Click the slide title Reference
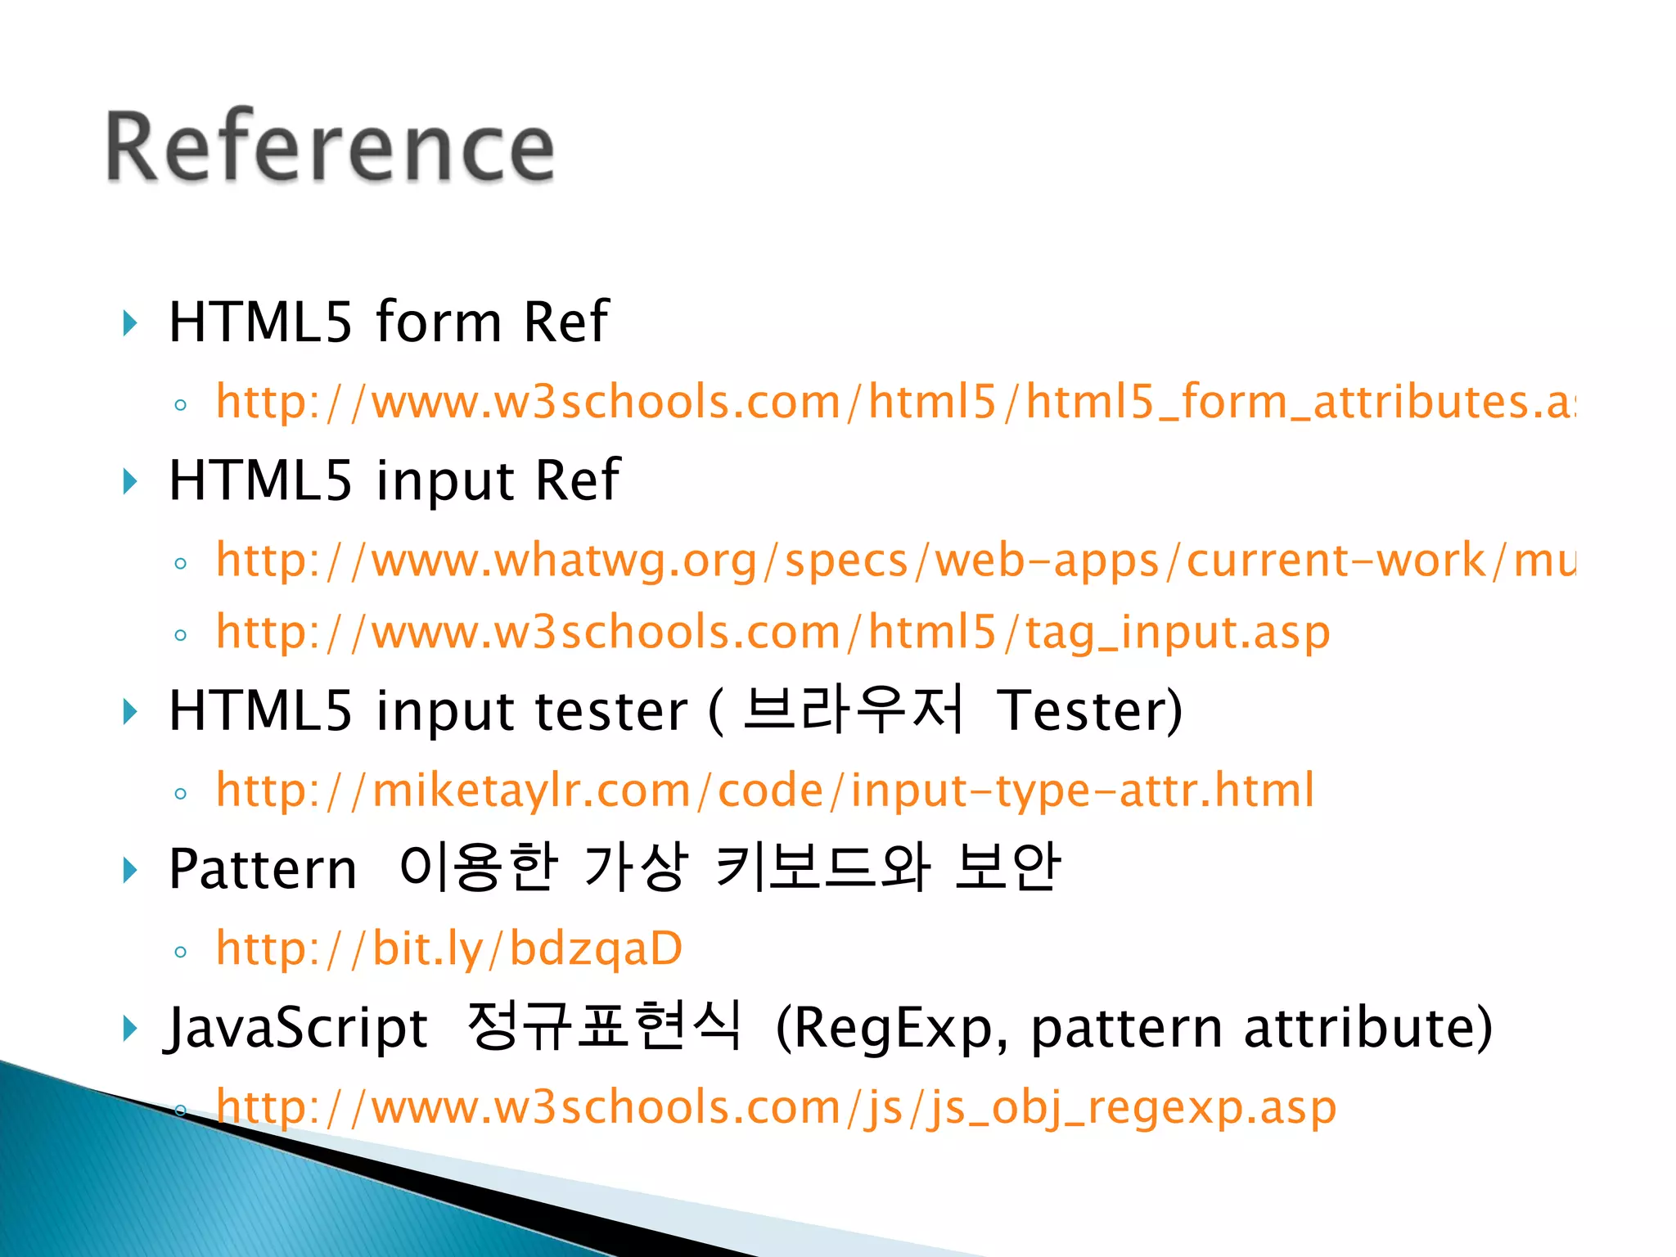[x=330, y=147]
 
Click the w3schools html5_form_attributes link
[x=895, y=403]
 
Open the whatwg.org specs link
[x=895, y=561]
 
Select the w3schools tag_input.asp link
[x=773, y=633]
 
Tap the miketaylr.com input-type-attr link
[x=764, y=791]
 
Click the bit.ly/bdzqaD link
[x=448, y=948]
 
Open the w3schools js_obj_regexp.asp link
[x=776, y=1107]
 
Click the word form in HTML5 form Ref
[x=438, y=321]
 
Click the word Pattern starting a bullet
[x=262, y=868]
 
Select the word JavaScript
[x=296, y=1027]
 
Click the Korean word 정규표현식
[x=604, y=1025]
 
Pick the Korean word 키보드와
[x=823, y=867]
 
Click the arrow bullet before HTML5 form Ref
[x=129, y=322]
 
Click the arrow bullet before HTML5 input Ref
[x=129, y=481]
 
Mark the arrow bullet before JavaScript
[x=129, y=1028]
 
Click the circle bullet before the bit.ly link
[x=181, y=952]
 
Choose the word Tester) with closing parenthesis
[x=1089, y=710]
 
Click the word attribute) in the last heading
[x=1367, y=1028]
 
